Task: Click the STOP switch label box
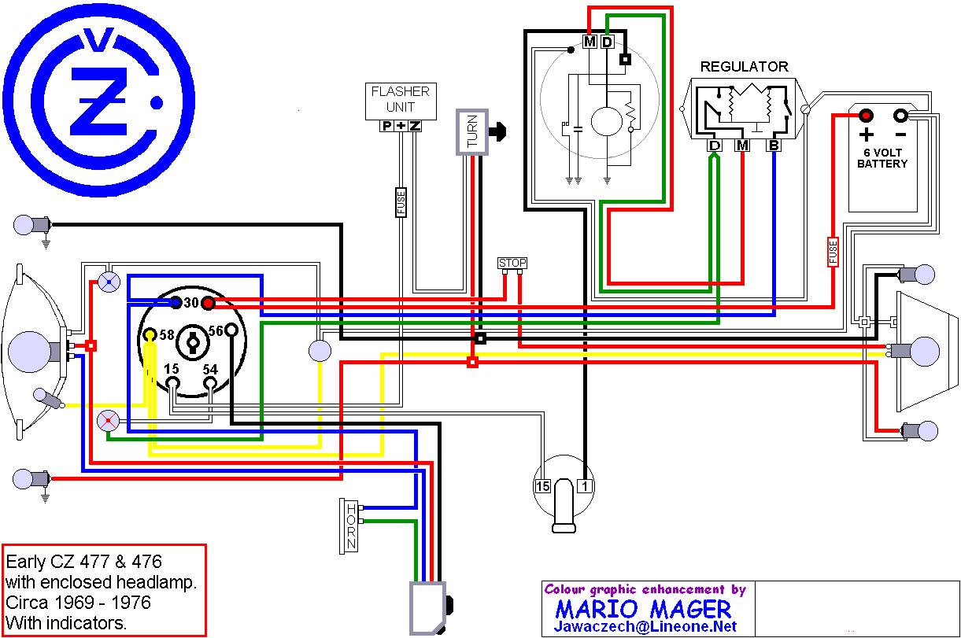tap(512, 263)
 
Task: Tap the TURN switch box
tap(472, 132)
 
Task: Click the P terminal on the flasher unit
tap(386, 126)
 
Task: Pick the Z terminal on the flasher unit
tap(415, 126)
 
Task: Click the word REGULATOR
tap(744, 67)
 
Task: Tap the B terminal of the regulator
tap(774, 146)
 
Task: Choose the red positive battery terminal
tap(866, 116)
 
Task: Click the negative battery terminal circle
tap(900, 116)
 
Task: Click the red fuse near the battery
tap(833, 252)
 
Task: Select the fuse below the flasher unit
tap(401, 202)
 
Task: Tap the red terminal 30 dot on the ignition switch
tap(208, 304)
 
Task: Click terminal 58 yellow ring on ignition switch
tap(150, 335)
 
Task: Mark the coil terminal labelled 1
tap(584, 486)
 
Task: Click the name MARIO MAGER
tap(643, 609)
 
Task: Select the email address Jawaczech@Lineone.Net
tap(645, 626)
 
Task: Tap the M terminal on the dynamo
tap(590, 41)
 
